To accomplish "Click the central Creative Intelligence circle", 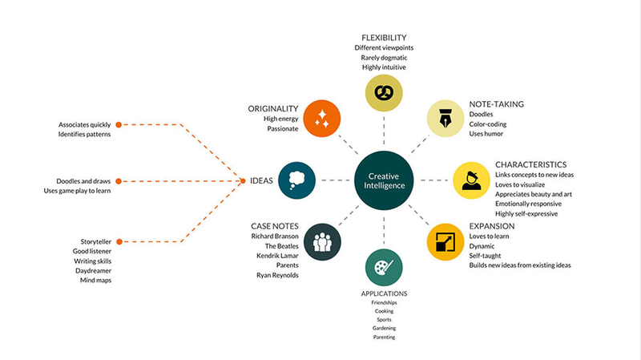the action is coord(384,180).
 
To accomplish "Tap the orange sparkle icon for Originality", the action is coord(322,118).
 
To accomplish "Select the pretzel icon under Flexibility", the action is coord(384,93).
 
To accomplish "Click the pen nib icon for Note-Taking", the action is coord(445,118).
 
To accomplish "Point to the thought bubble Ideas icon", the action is coord(296,180).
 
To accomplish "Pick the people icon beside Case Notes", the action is coord(322,242).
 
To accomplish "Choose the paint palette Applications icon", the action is coord(384,268).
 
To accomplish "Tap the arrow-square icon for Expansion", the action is coord(445,242).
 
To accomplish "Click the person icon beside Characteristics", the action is coord(471,180).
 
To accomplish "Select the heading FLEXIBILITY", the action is coord(384,38).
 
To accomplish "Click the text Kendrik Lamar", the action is coord(277,256).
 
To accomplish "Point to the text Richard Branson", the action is coord(275,236).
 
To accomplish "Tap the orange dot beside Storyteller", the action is coord(119,242).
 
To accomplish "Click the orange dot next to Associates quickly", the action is coord(119,125).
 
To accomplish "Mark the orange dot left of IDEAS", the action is coord(243,181).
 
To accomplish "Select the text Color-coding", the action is coord(488,124).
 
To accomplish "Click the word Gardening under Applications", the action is coord(385,328).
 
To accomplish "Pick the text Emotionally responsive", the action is coord(528,204).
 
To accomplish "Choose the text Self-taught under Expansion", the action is coord(485,256).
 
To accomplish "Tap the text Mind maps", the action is coord(95,281).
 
